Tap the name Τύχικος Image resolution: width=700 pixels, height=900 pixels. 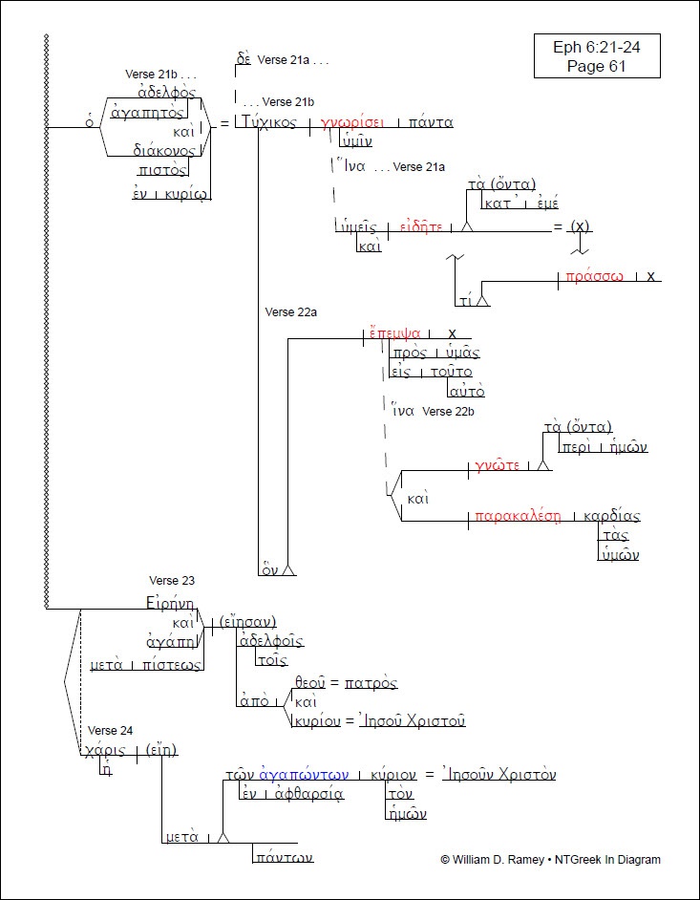tap(270, 123)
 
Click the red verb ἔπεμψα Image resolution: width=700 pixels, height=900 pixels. tap(395, 333)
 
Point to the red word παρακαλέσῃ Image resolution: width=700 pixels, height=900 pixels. tap(517, 518)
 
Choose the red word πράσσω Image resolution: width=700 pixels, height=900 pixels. tap(594, 276)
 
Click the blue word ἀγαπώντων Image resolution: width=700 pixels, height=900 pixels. tap(299, 775)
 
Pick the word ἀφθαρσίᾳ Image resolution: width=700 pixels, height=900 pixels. tap(307, 794)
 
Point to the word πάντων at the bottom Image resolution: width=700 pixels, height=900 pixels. tap(283, 859)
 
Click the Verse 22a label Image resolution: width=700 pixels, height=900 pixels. tap(290, 311)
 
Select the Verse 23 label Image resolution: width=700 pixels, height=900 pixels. tap(172, 580)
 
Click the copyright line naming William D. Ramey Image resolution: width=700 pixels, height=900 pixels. tap(550, 859)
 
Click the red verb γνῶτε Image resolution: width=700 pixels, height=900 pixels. tap(496, 466)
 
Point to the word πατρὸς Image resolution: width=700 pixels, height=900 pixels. tap(371, 683)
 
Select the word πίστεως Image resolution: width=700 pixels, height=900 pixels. tap(173, 665)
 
